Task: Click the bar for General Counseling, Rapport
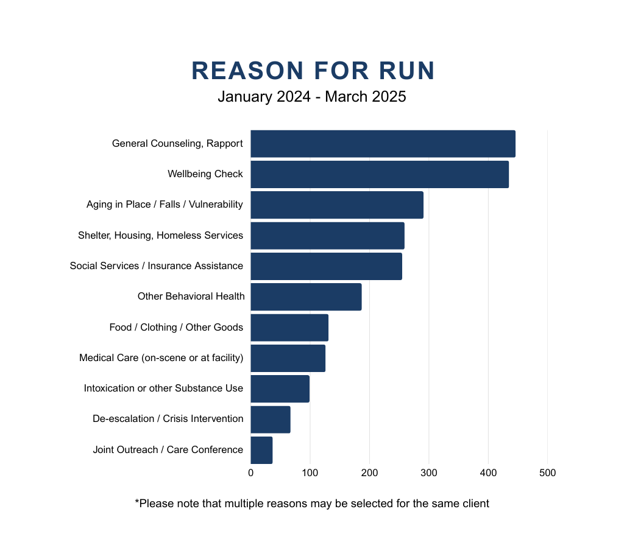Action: point(383,144)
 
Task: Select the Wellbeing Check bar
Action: point(379,174)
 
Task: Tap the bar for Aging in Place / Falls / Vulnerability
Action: point(336,205)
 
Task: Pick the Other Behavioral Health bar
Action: point(306,297)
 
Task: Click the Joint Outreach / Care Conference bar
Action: point(261,450)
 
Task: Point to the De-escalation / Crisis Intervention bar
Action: point(270,420)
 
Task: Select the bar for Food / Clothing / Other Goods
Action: point(289,328)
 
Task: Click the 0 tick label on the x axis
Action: point(250,473)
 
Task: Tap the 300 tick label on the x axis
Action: point(428,473)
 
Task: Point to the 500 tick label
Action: point(547,473)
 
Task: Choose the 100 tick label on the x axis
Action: point(310,473)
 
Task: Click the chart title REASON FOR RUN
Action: point(313,71)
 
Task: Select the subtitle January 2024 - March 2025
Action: point(312,96)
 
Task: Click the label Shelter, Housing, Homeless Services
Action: point(160,236)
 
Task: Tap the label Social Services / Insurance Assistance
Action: point(157,266)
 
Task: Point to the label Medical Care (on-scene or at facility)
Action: point(161,358)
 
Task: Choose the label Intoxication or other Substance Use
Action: point(163,388)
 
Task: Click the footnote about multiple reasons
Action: point(312,504)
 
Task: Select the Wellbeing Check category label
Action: point(205,174)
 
